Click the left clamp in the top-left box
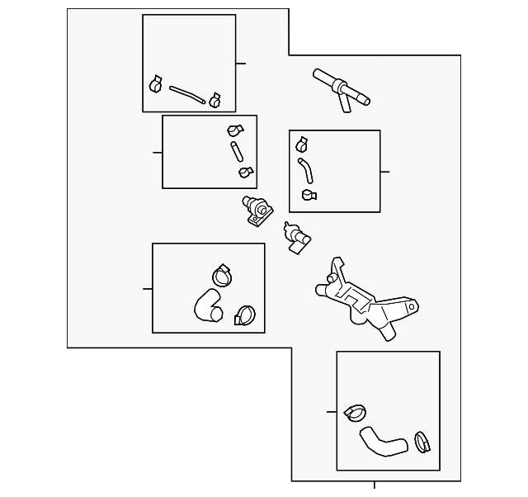(155, 84)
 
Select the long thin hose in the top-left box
(186, 94)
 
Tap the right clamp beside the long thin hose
(215, 100)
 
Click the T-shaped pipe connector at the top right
(340, 89)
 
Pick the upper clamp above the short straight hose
(235, 131)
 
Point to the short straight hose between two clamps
(237, 152)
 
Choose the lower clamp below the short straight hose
(245, 172)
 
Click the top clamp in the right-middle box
(302, 144)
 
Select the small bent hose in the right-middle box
(305, 171)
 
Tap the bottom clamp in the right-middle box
(309, 195)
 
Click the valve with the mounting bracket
(257, 211)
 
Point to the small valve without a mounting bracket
(295, 237)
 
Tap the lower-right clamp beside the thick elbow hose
(244, 315)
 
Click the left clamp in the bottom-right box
(357, 409)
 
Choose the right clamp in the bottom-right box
(423, 442)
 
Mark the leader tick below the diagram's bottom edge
(375, 485)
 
